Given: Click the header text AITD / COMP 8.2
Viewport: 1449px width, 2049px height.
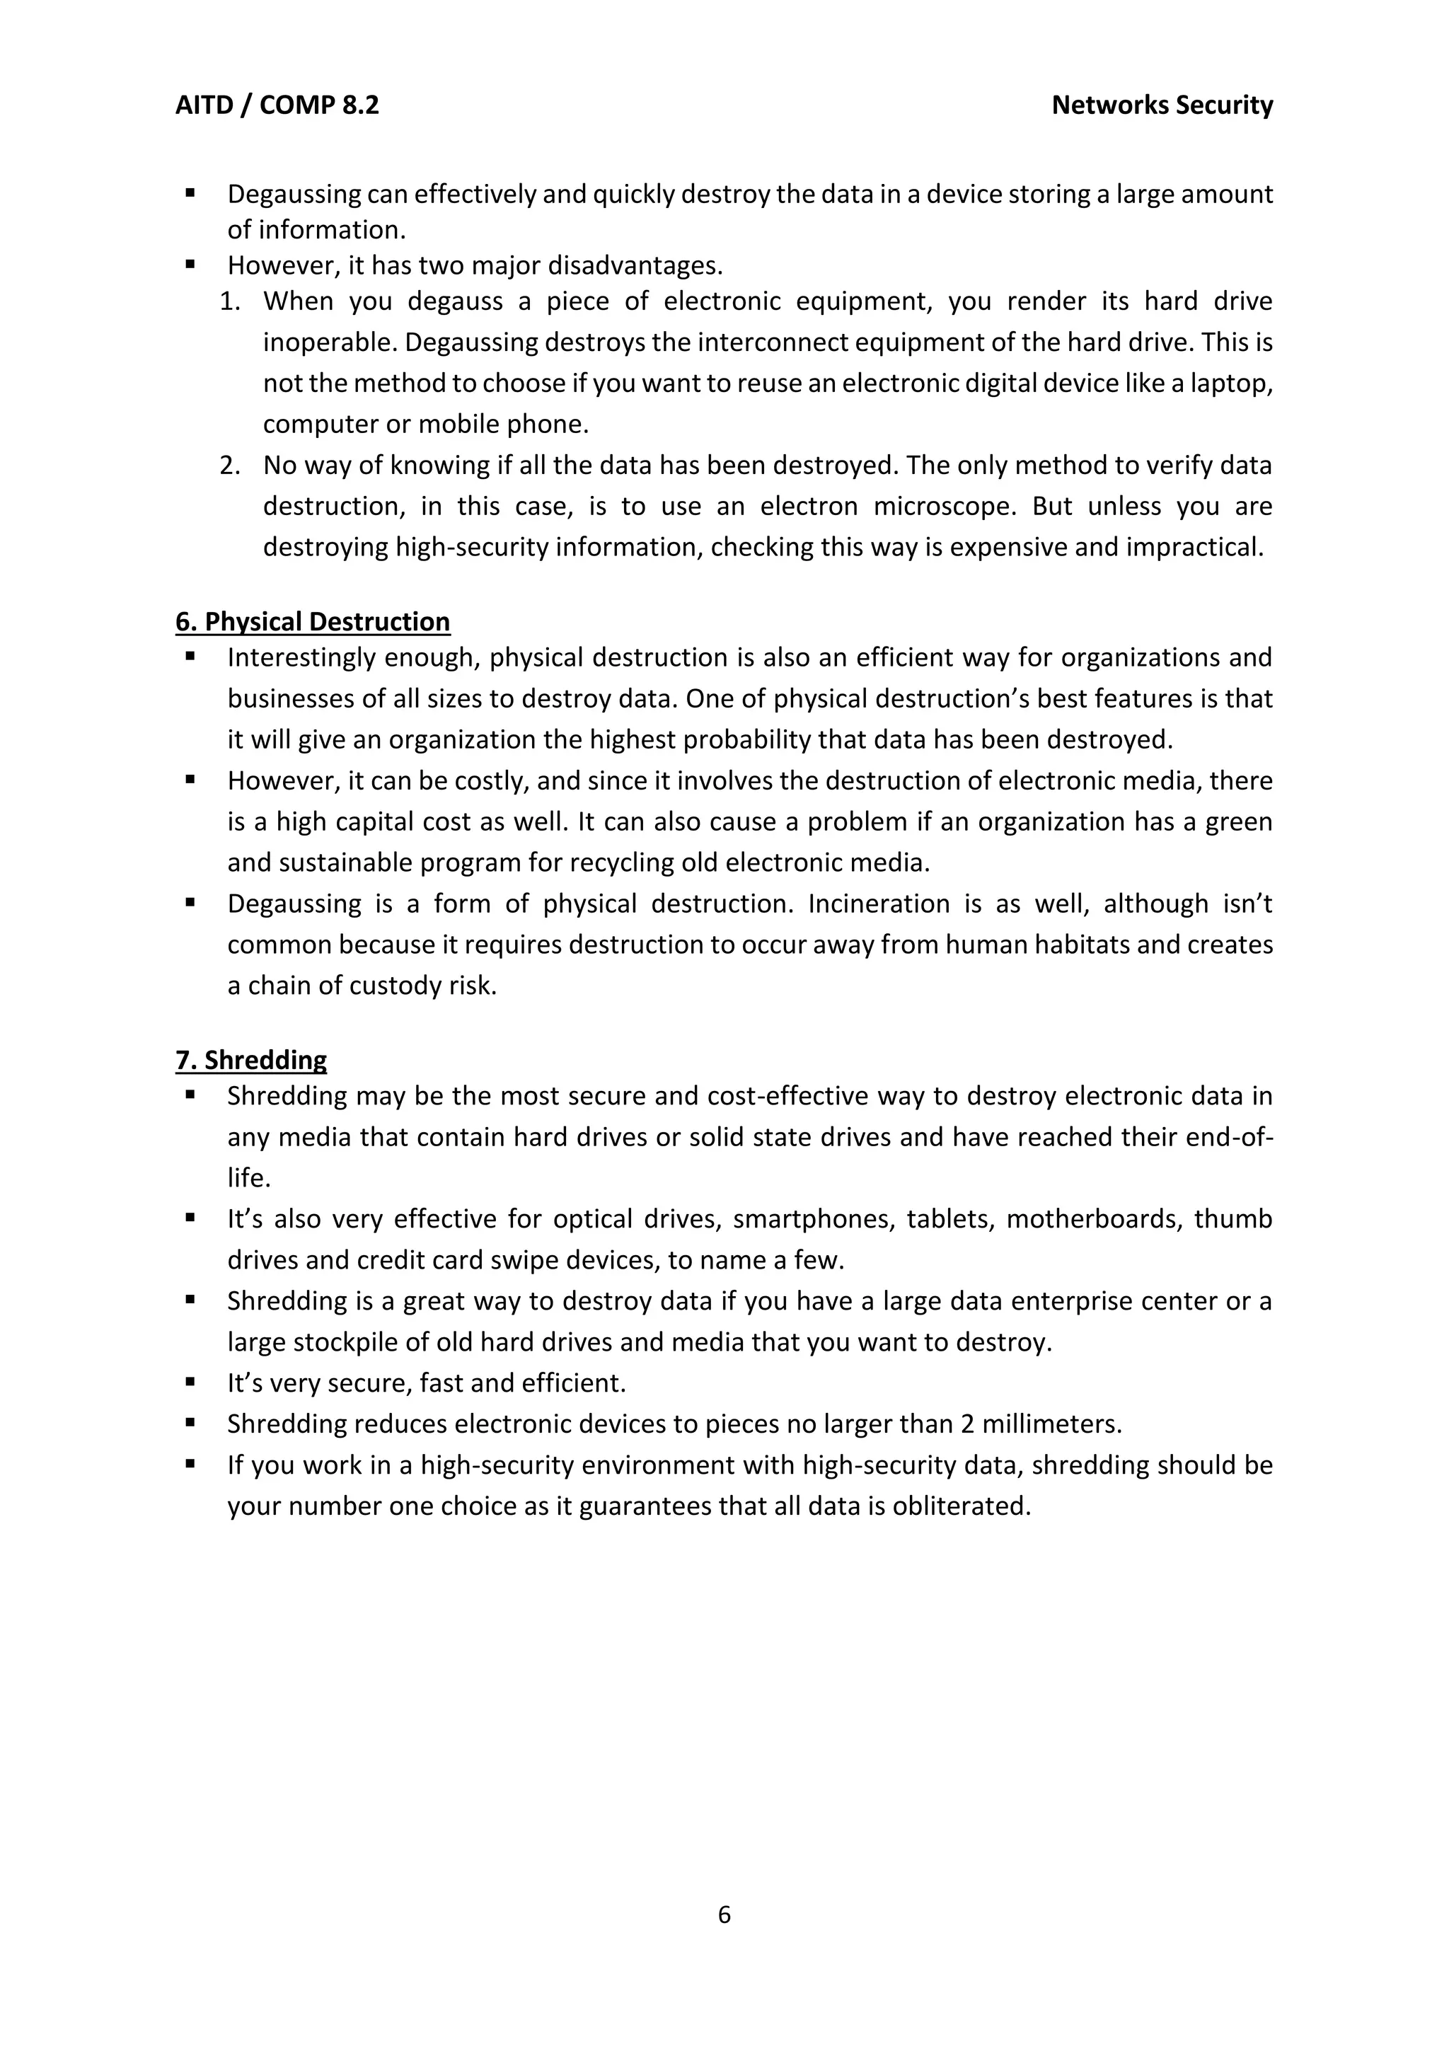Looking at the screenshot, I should [x=277, y=105].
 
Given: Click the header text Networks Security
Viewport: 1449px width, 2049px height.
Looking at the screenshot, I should [x=1162, y=105].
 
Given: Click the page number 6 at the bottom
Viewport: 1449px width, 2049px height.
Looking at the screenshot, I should [x=724, y=1915].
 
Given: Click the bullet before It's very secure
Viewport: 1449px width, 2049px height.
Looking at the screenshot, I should [x=190, y=1383].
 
